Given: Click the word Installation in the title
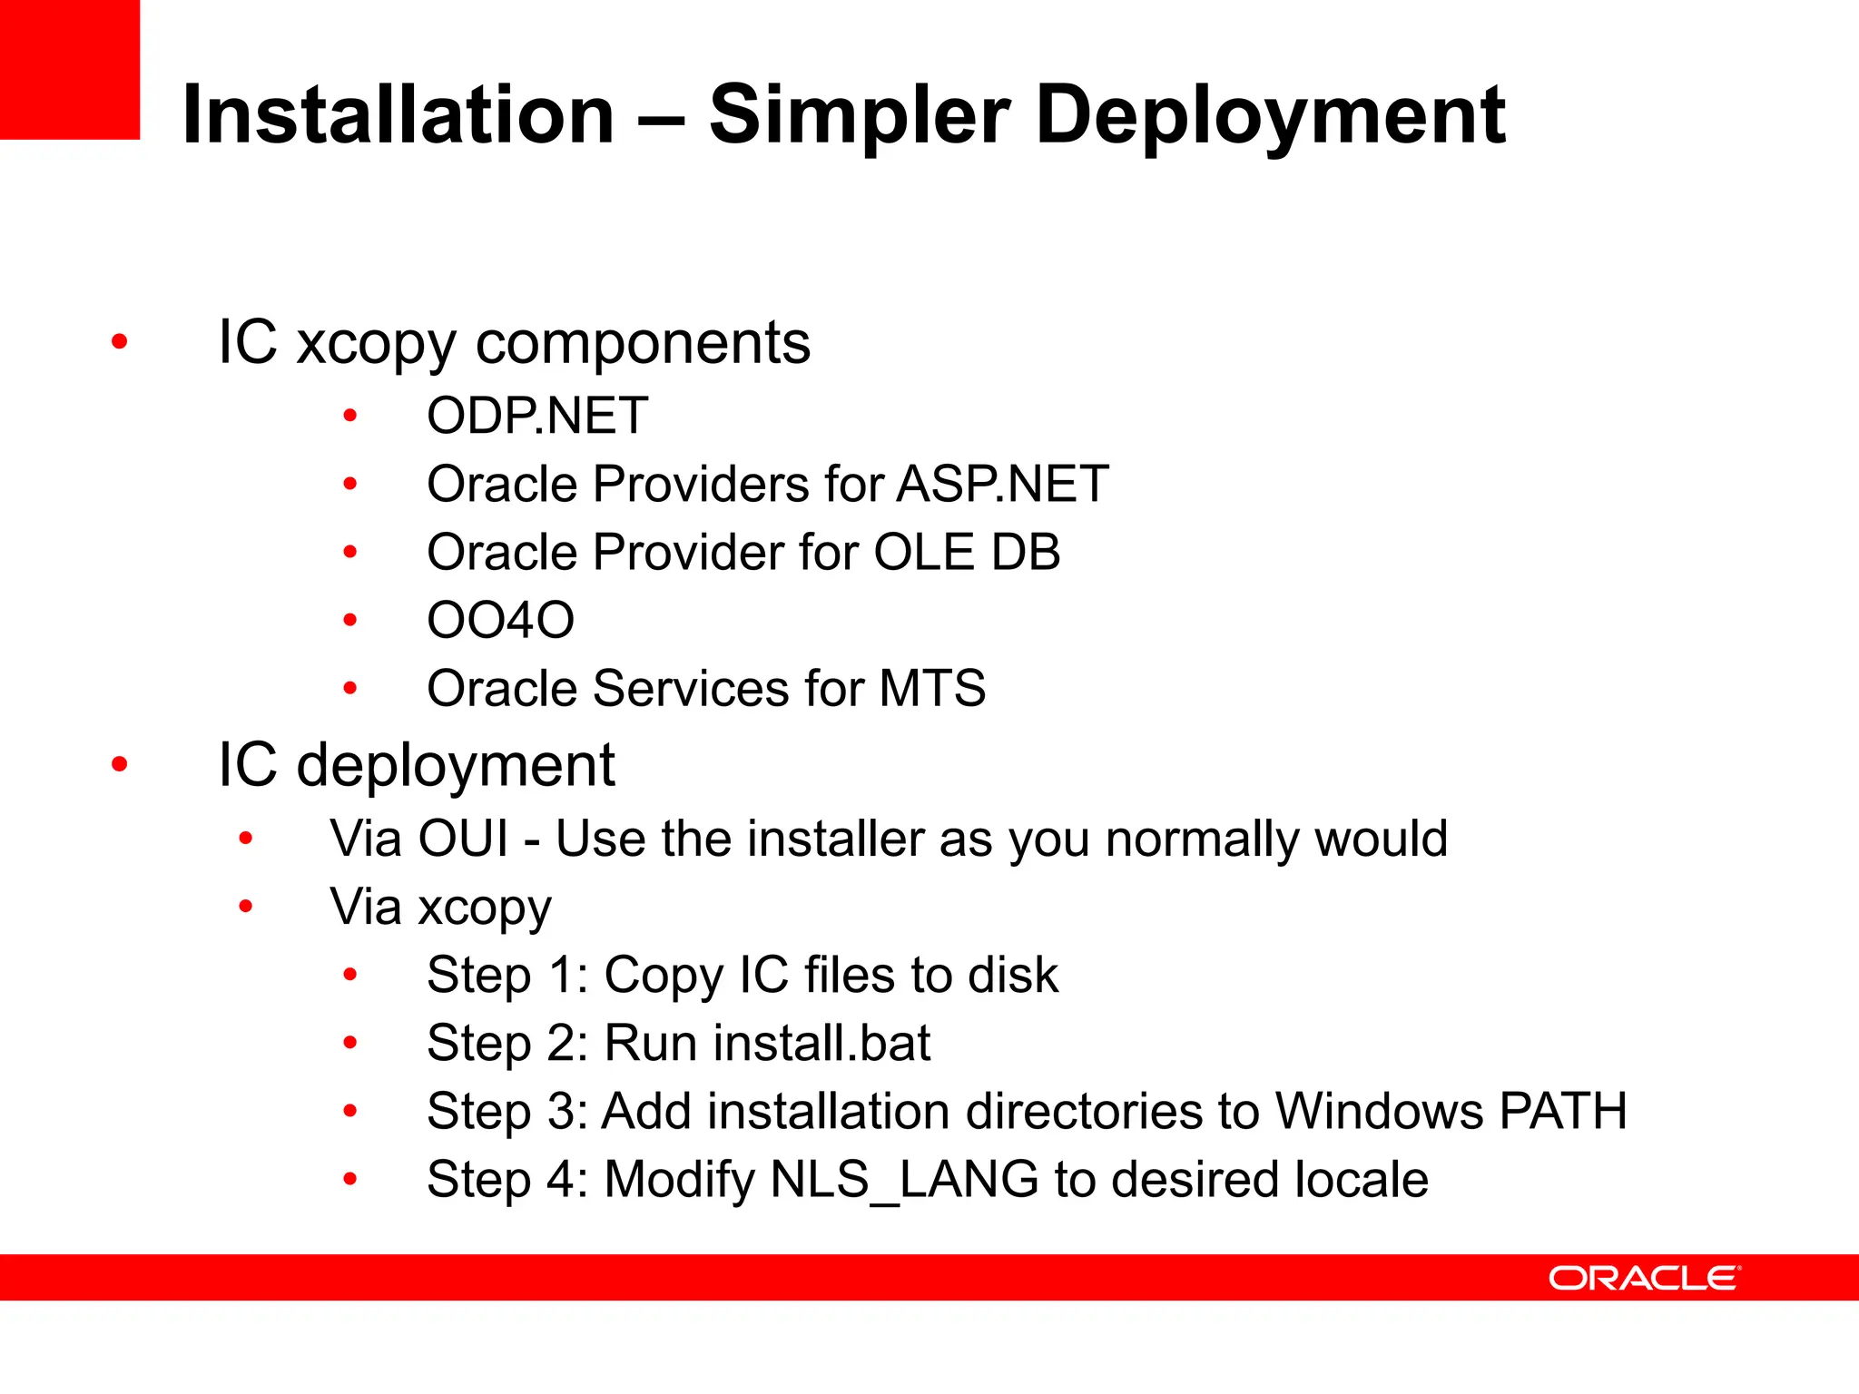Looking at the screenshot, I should point(398,115).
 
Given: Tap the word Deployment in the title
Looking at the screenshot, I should point(1270,115).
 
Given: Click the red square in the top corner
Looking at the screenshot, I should point(69,69).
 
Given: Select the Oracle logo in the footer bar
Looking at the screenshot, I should point(1644,1278).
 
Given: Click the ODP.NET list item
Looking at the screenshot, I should point(537,416).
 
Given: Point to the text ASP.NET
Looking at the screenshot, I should point(1002,484).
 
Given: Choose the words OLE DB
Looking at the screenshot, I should point(966,552).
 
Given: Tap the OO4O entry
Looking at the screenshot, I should point(500,620).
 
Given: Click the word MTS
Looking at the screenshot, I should point(931,688).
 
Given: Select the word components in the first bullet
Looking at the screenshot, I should point(643,343).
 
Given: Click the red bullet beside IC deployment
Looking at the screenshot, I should point(119,764).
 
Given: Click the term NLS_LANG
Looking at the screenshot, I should point(903,1179).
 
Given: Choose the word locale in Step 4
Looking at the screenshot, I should point(1361,1179).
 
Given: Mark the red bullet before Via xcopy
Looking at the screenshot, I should point(245,906).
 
